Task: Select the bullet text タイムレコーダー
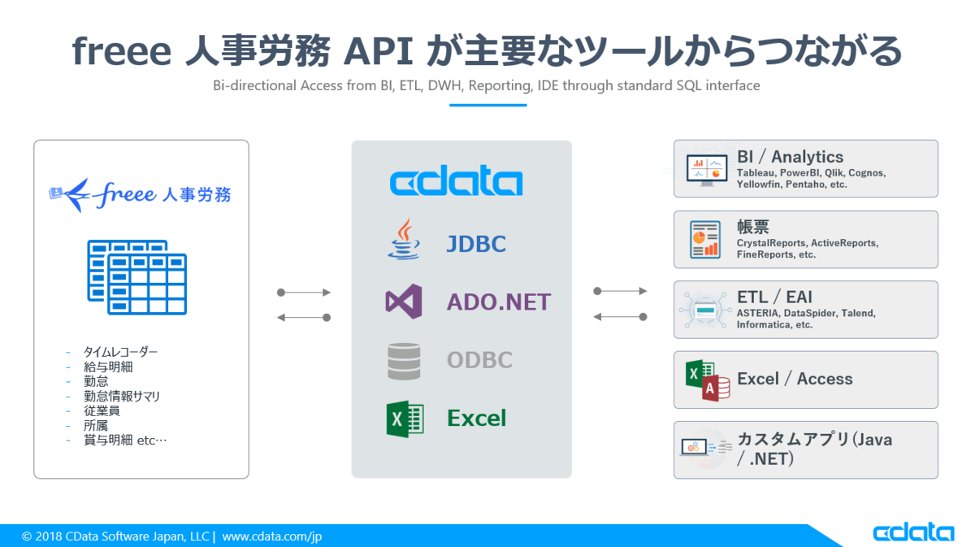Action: click(x=120, y=352)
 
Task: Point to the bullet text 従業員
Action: click(x=102, y=410)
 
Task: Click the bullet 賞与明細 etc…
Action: click(x=124, y=441)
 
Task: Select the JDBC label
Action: click(x=476, y=244)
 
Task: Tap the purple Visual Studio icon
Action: click(x=404, y=302)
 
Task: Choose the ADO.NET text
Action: click(x=498, y=302)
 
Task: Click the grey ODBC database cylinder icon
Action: click(x=404, y=361)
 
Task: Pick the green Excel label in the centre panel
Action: click(x=476, y=419)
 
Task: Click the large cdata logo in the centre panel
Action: click(x=456, y=183)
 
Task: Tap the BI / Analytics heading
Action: click(x=790, y=157)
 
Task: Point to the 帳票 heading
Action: click(x=753, y=228)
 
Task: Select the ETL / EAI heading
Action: click(x=774, y=297)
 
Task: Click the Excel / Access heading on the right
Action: click(x=795, y=379)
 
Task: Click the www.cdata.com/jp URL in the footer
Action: click(x=272, y=536)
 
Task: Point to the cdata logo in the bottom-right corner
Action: click(x=913, y=533)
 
